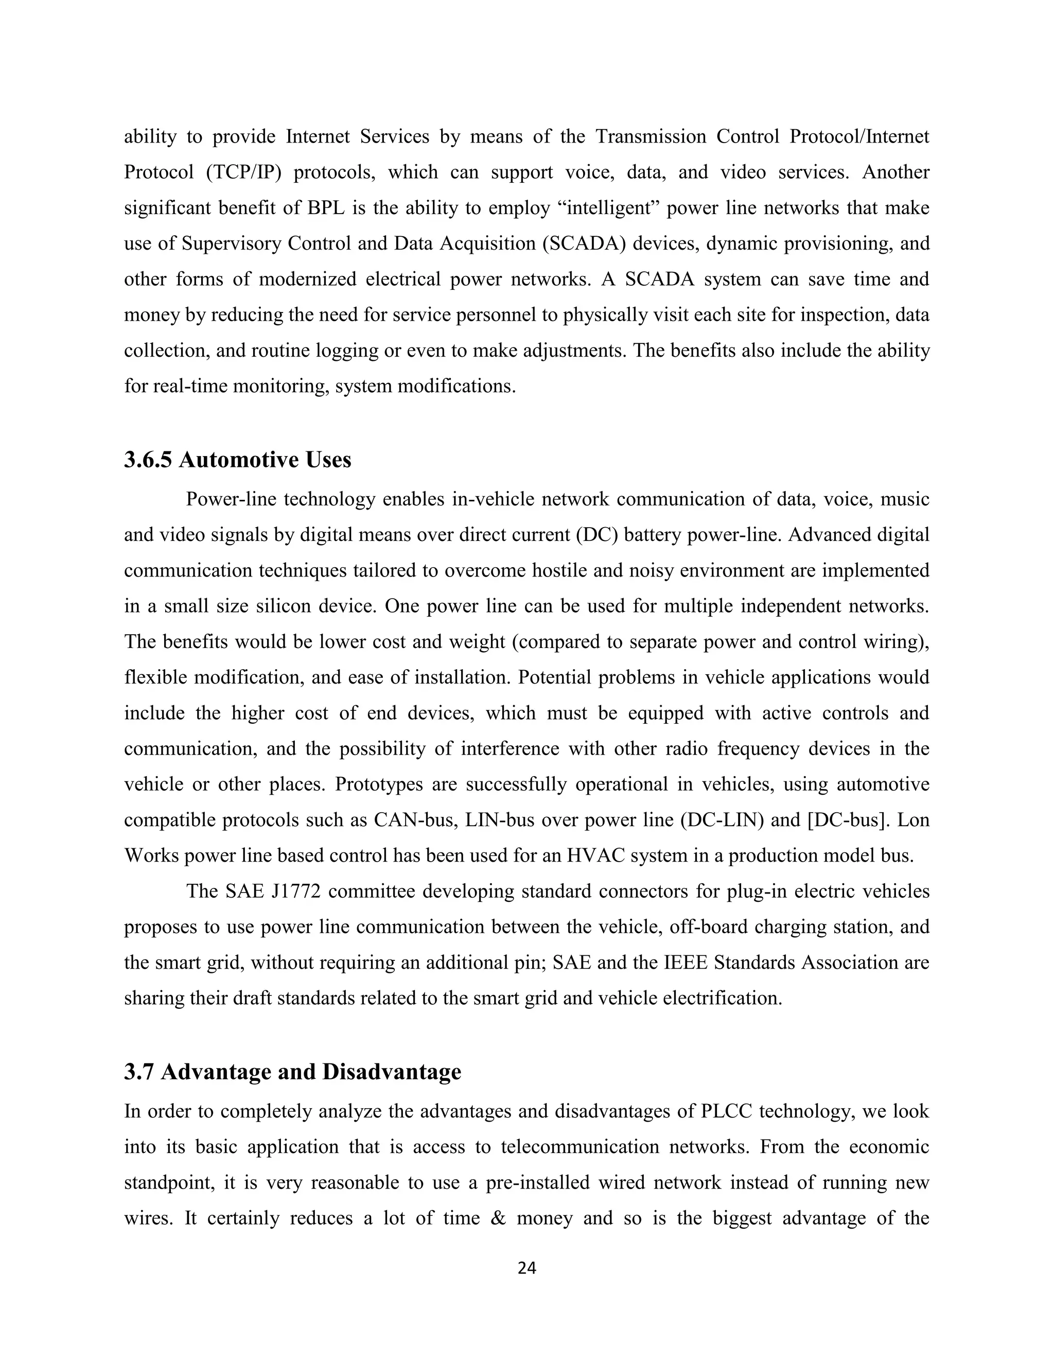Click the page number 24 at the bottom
click(x=527, y=1268)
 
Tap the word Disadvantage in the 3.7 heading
click(x=392, y=1072)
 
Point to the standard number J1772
click(x=296, y=891)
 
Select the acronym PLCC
click(x=726, y=1112)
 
